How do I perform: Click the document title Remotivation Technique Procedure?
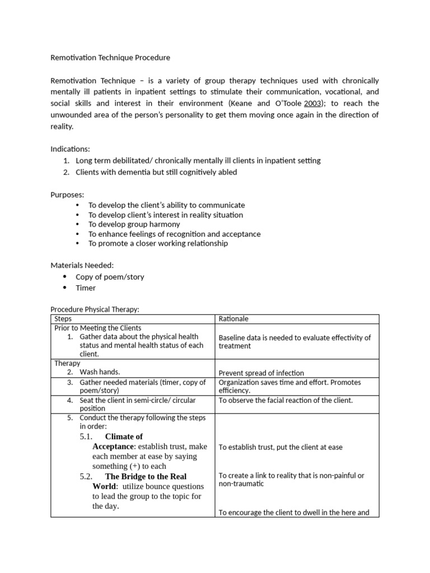coord(110,58)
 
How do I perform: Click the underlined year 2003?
coord(313,104)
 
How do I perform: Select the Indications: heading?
coord(70,149)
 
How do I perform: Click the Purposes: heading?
coord(67,195)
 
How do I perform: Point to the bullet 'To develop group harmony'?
coord(134,224)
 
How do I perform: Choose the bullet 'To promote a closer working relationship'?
coord(158,243)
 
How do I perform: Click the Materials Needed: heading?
coord(82,266)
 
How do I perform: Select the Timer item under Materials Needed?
coord(86,288)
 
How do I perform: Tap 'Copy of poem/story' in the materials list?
coord(110,277)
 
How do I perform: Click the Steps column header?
coord(63,318)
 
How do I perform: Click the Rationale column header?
coord(233,319)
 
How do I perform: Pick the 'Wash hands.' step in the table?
coord(100,372)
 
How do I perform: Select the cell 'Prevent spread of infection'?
coord(261,373)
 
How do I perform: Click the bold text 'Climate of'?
coord(124,436)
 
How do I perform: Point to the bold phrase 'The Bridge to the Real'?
coord(146,477)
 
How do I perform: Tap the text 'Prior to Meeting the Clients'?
coord(98,328)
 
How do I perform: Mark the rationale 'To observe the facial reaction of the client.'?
coord(286,400)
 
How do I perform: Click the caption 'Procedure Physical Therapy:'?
coord(95,309)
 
